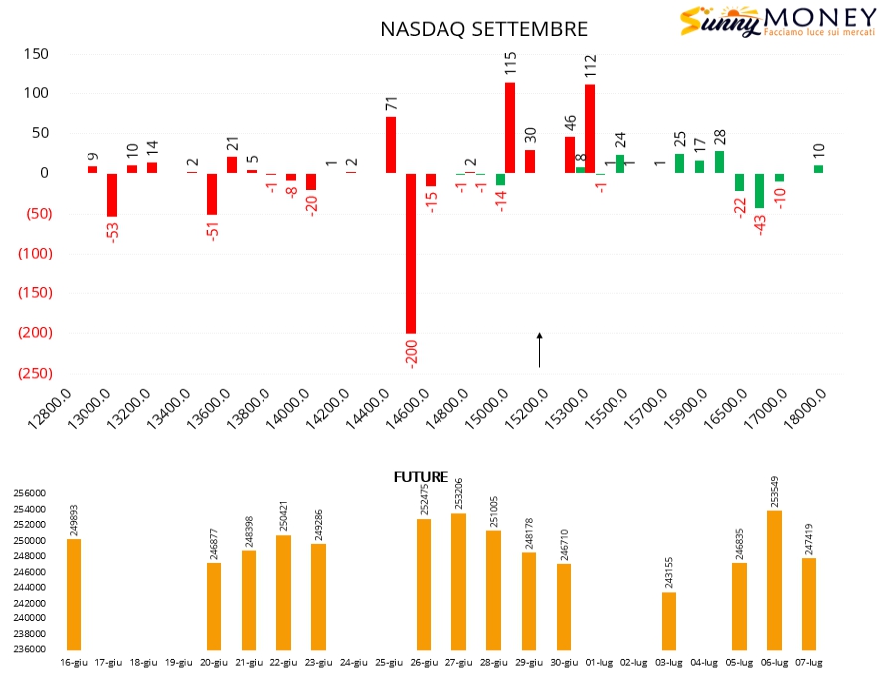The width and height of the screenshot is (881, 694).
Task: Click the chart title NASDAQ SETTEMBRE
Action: pos(483,29)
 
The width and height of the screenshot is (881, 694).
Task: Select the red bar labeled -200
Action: pos(411,253)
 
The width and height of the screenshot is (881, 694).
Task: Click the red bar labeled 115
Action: pos(510,127)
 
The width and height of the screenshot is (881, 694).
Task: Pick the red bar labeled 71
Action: pos(391,145)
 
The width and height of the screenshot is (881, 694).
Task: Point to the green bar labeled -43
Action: pos(760,190)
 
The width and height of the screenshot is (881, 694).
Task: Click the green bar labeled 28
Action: pos(720,162)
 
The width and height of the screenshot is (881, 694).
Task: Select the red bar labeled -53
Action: pos(112,194)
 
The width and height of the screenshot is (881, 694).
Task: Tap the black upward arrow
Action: pos(540,350)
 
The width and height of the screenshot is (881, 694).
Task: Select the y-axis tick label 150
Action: pos(36,54)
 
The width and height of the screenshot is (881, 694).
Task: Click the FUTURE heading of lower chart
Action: pos(421,477)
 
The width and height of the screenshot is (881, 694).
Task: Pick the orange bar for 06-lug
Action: pos(775,580)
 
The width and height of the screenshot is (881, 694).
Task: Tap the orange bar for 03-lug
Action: pos(669,620)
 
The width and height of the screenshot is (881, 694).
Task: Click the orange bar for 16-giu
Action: pos(74,594)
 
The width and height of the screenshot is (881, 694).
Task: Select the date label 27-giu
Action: pos(458,662)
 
